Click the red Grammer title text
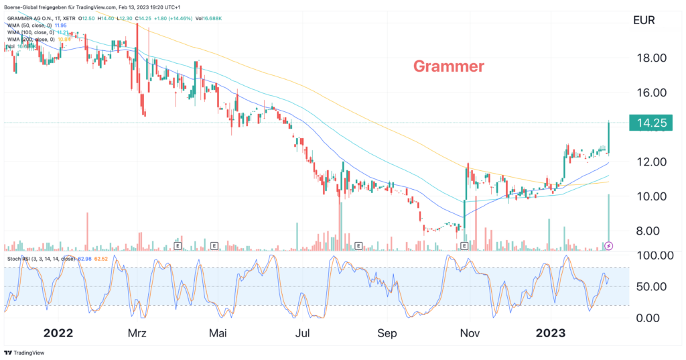(x=448, y=66)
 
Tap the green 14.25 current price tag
(x=650, y=123)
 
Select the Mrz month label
(x=137, y=333)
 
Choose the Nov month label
(x=472, y=333)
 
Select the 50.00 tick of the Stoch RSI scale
(x=653, y=286)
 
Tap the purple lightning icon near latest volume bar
(x=608, y=246)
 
